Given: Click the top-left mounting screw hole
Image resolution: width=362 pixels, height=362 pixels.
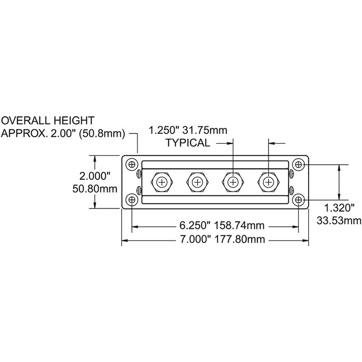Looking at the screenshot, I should (x=132, y=164).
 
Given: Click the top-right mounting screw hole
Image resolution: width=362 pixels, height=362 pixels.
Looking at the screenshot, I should (x=298, y=164).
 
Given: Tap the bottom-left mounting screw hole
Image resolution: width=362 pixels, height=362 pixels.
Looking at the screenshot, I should (x=132, y=199).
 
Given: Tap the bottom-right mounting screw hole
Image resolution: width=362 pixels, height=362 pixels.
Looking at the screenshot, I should (x=298, y=199).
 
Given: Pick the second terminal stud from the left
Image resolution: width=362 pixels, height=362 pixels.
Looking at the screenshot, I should (x=196, y=182).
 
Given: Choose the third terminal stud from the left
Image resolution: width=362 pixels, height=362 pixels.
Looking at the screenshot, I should (x=233, y=182).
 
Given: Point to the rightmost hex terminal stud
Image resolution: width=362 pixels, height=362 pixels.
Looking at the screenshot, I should (x=269, y=182).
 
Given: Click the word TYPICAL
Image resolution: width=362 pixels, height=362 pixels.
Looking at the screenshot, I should (x=188, y=143).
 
